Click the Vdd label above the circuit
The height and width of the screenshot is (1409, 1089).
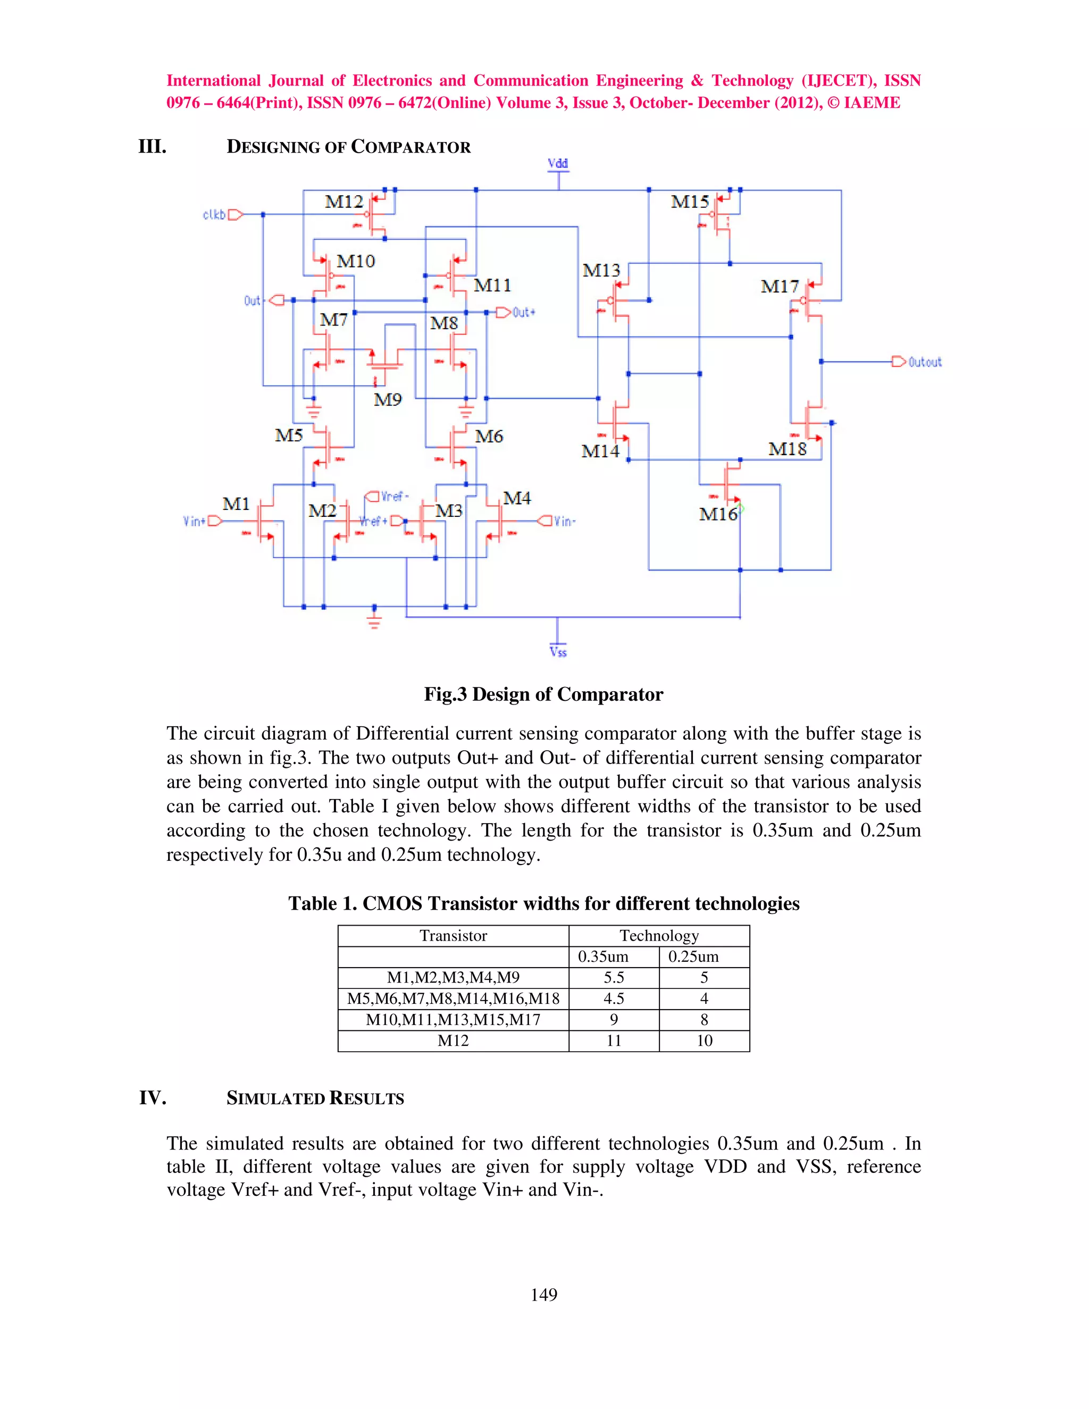coord(557,163)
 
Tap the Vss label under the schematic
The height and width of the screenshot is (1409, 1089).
coord(558,652)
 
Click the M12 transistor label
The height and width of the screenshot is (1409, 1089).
coord(344,202)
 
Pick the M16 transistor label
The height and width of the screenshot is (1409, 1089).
coord(718,514)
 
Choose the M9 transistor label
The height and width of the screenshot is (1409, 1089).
coord(388,400)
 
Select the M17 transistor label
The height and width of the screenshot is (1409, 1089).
coord(780,287)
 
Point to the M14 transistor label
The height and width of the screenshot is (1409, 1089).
coord(600,451)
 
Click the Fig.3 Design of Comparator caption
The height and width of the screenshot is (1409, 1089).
coord(543,694)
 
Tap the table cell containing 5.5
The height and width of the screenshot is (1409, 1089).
coord(614,977)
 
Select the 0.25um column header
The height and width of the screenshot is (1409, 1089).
coord(693,957)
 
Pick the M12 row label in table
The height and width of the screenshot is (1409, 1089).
coord(453,1041)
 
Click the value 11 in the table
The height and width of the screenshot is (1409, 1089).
coord(614,1041)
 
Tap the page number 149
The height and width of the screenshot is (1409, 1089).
coord(544,1294)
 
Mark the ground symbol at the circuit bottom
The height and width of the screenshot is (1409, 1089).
coord(374,620)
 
